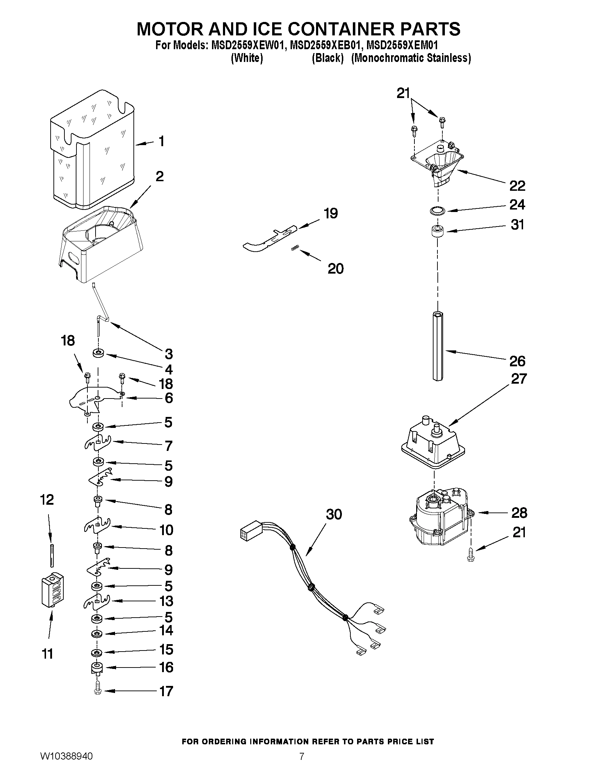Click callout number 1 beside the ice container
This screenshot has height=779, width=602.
[161, 142]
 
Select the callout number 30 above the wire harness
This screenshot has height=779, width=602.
[334, 514]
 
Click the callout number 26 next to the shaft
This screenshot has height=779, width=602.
[517, 361]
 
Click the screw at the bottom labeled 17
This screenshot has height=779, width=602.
[98, 691]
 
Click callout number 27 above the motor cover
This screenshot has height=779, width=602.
[518, 378]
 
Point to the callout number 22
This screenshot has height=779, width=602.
[517, 186]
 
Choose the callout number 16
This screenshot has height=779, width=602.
[166, 668]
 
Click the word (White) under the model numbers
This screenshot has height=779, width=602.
[247, 58]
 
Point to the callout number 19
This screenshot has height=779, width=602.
[331, 213]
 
